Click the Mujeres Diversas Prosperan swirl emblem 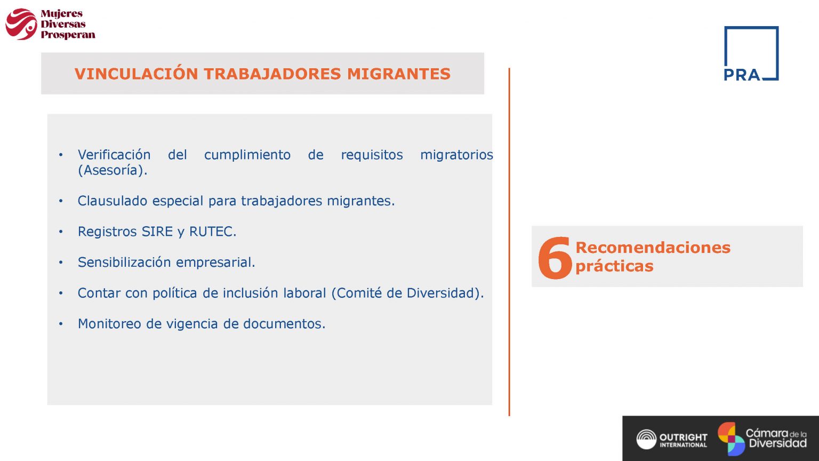click(x=21, y=24)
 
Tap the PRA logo click(x=751, y=53)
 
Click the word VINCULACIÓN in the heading click(x=136, y=74)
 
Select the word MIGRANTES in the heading click(x=399, y=74)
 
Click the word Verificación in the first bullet click(x=114, y=155)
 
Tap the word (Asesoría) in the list click(x=112, y=170)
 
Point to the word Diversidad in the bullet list click(x=444, y=293)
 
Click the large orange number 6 click(x=555, y=258)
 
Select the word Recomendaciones click(x=653, y=248)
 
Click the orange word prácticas click(x=614, y=266)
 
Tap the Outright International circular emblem click(x=646, y=439)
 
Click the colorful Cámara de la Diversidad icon click(x=731, y=439)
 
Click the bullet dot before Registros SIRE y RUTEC click(x=61, y=232)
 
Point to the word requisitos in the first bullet click(x=372, y=155)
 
